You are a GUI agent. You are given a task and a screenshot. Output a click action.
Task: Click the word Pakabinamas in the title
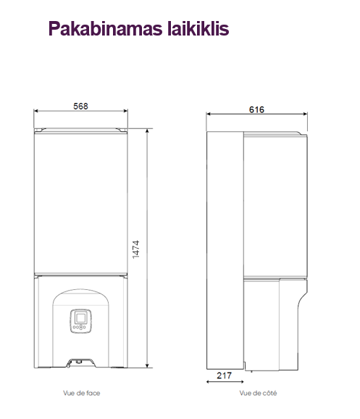point(106,28)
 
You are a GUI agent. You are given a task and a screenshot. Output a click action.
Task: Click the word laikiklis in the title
point(198,28)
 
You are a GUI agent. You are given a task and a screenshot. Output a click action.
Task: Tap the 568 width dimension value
point(80,106)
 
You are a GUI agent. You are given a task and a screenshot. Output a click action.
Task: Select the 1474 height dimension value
point(136,249)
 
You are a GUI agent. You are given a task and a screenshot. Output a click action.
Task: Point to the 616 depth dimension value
point(256,109)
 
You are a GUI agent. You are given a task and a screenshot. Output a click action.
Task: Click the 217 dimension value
point(224,376)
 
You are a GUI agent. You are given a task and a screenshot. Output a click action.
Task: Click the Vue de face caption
point(82,393)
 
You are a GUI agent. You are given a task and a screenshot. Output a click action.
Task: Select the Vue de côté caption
point(258,393)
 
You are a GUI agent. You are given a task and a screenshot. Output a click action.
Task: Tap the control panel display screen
point(80,318)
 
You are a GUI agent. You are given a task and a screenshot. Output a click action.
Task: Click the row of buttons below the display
point(80,327)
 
